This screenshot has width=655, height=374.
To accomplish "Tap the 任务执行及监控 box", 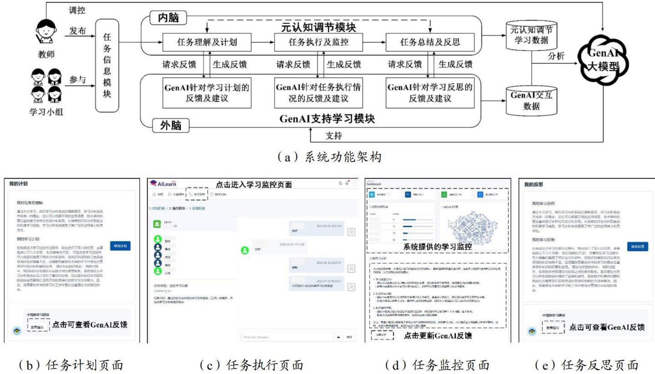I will [x=318, y=43].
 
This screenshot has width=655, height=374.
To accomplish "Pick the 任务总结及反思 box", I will [x=430, y=43].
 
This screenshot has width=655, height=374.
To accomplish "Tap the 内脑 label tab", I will [x=169, y=18].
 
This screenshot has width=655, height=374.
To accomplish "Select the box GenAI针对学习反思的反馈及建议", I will [x=430, y=92].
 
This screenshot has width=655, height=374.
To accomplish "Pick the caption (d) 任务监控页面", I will [x=437, y=365].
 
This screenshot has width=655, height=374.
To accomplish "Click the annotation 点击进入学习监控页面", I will [x=253, y=184].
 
